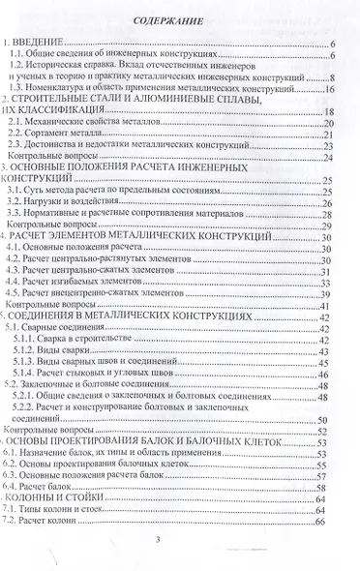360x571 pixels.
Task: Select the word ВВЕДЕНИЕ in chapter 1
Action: click(39, 45)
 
